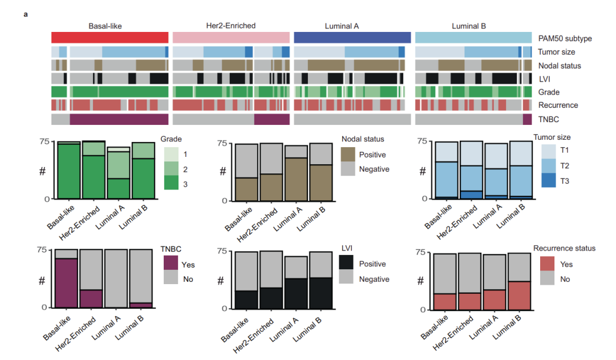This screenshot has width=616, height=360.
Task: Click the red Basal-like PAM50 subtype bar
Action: [110, 38]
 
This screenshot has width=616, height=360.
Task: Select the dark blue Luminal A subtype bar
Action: [352, 38]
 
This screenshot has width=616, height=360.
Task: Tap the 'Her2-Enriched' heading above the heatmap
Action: [230, 26]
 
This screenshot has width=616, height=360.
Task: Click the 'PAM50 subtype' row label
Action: [565, 39]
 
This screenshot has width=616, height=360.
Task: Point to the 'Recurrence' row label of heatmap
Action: [558, 105]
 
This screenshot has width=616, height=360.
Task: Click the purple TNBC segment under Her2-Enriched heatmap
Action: [272, 119]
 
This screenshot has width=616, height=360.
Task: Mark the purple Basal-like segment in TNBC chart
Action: [66, 283]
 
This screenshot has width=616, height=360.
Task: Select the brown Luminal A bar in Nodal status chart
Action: [297, 179]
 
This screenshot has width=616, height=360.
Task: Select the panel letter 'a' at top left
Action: [26, 13]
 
